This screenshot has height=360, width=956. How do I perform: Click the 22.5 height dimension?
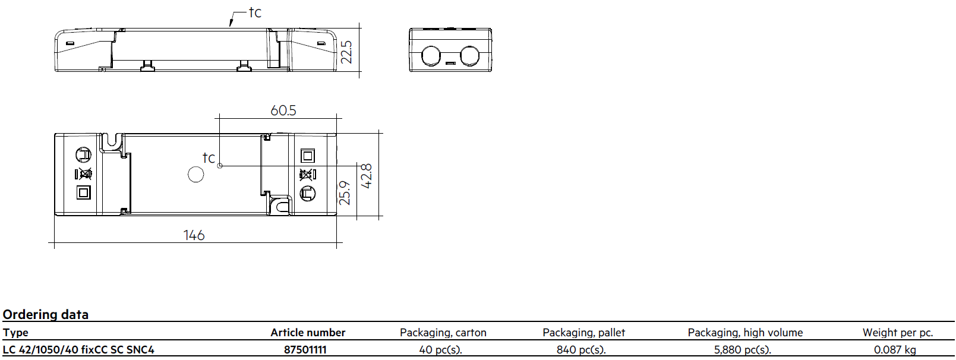coord(347,52)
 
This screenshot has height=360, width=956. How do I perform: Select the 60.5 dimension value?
coord(283,110)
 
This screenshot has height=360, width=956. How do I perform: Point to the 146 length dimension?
coord(194,235)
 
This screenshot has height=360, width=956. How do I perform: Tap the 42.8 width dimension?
coord(366,176)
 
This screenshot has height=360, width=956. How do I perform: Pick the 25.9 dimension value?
coord(345,193)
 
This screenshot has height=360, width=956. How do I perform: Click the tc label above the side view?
coord(255,12)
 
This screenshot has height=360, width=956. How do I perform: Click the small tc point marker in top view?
coord(220,166)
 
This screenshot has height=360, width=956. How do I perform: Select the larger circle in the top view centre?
coord(196,175)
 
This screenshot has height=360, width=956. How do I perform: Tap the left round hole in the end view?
coord(431,56)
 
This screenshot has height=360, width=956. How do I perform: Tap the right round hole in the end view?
coord(469,56)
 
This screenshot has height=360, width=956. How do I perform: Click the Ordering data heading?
coord(46,314)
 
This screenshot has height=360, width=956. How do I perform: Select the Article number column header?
coord(308,332)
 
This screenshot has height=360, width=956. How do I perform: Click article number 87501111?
coord(305,350)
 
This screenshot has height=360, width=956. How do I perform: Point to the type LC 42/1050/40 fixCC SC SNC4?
coord(78,350)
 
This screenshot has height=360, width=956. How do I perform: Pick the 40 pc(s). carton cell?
coord(440,350)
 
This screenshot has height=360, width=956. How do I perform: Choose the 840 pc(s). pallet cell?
coord(581,350)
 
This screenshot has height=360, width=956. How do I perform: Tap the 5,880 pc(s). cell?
coord(743,350)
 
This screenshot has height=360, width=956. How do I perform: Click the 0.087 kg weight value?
coord(895,350)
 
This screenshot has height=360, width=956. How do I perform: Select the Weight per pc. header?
coord(898,332)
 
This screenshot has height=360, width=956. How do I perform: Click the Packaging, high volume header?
coord(745,332)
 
